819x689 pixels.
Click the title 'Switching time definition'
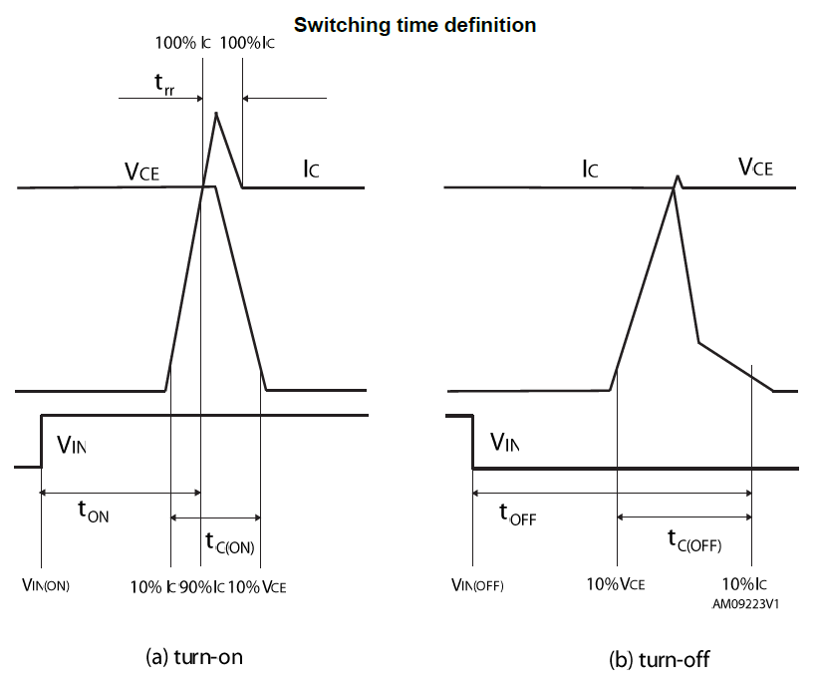pyautogui.click(x=414, y=25)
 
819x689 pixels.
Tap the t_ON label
pyautogui.click(x=94, y=511)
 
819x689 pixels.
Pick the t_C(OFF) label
pyautogui.click(x=693, y=541)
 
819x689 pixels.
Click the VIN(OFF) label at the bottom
pyautogui.click(x=474, y=586)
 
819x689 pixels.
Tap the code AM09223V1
pyautogui.click(x=745, y=603)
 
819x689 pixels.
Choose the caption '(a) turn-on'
pyautogui.click(x=194, y=657)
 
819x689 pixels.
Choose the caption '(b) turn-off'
pyautogui.click(x=660, y=660)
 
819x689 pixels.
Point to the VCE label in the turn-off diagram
pyautogui.click(x=755, y=168)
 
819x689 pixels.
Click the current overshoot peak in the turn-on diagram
pyautogui.click(x=217, y=113)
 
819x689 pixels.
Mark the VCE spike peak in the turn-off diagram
pyautogui.click(x=679, y=177)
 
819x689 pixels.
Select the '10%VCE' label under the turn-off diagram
pyautogui.click(x=617, y=585)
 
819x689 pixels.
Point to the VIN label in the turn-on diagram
pyautogui.click(x=72, y=445)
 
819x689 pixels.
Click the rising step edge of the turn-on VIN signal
pyautogui.click(x=42, y=440)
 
